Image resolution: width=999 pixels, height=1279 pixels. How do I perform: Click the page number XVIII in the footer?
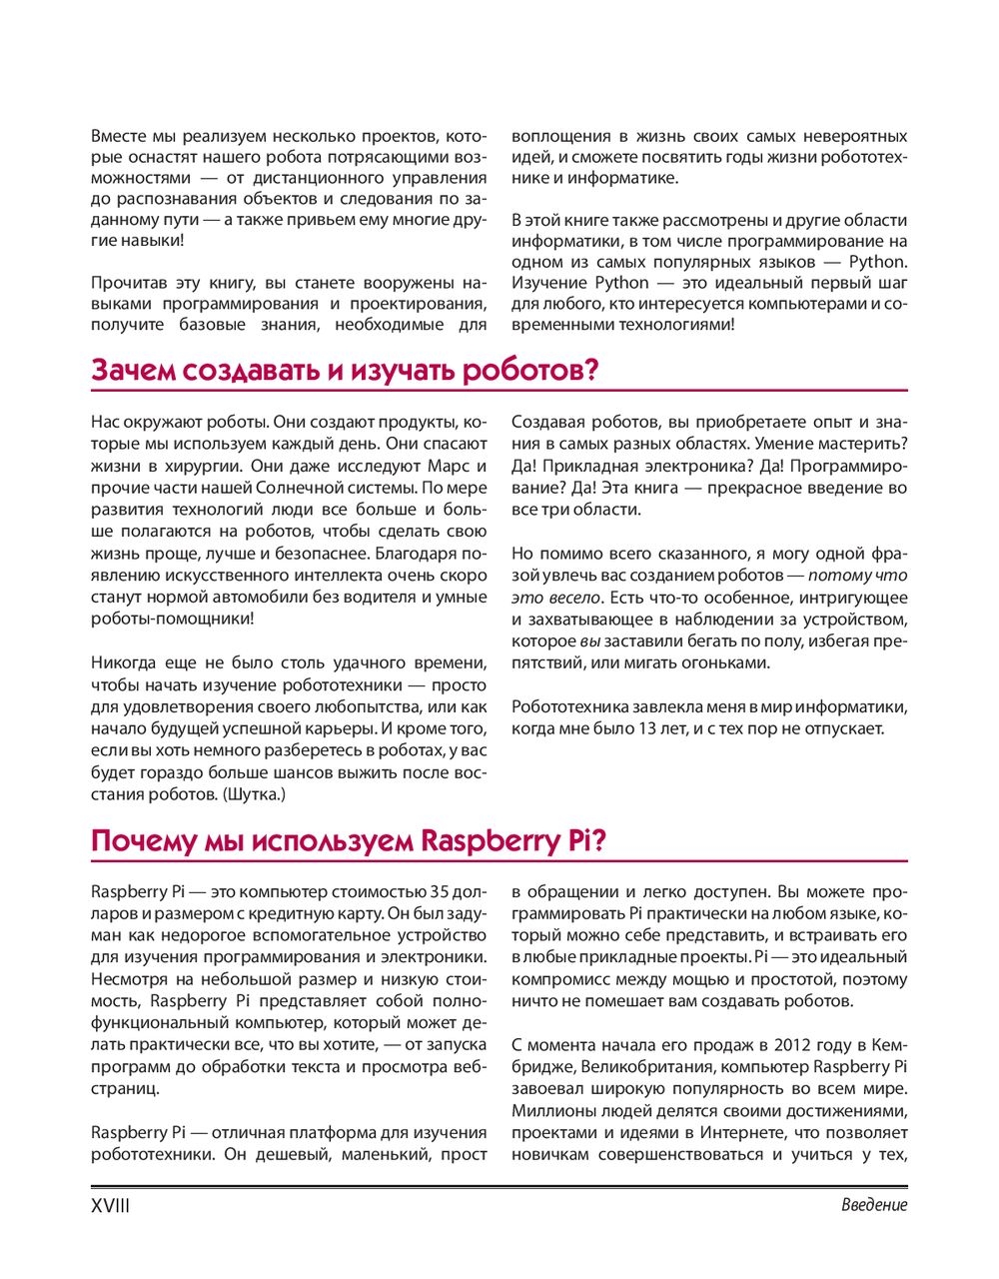click(110, 1205)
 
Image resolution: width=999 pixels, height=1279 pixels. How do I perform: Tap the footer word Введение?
click(874, 1205)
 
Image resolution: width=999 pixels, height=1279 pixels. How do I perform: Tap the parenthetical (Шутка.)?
click(256, 794)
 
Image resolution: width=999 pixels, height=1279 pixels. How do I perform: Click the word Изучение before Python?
click(549, 283)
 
